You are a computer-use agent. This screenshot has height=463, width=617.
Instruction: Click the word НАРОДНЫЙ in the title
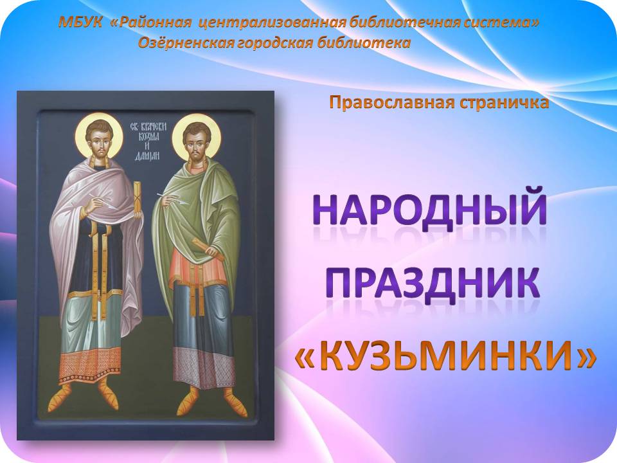(430, 206)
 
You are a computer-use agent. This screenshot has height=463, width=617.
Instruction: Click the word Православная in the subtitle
(391, 103)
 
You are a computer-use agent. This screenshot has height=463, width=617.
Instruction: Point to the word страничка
(503, 103)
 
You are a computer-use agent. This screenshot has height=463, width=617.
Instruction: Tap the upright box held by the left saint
(138, 200)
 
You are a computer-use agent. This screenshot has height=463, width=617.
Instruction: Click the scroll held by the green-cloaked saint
(208, 250)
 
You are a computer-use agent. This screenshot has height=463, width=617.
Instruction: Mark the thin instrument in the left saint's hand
(104, 201)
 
